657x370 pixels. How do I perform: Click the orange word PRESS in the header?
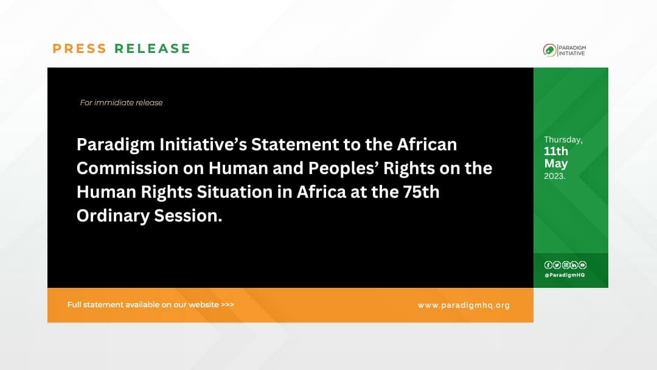pos(79,49)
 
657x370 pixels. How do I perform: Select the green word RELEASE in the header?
pos(152,49)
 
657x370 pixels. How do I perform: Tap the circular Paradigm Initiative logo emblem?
pos(549,50)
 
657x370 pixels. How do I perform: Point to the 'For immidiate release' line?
pos(121,103)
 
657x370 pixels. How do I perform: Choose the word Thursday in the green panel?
pos(563,140)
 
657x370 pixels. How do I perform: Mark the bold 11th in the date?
pos(556,152)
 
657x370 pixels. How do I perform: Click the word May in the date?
pos(556,164)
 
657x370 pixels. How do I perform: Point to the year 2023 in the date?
pos(554,176)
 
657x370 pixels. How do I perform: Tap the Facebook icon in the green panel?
pos(548,265)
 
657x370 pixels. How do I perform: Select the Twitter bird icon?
pos(557,265)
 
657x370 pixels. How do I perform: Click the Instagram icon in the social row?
pos(565,265)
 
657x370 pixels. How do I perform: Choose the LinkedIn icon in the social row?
pos(574,265)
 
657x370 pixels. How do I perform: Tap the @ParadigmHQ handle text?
pos(565,275)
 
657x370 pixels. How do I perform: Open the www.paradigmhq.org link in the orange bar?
pos(464,305)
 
